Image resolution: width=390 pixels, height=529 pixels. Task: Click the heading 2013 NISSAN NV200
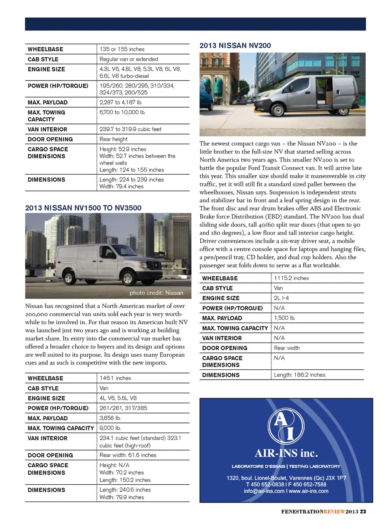coord(235,46)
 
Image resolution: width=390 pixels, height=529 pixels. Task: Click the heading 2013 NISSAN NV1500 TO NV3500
coord(83,208)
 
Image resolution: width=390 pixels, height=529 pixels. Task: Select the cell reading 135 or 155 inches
coord(122,49)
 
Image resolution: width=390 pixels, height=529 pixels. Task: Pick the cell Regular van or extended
coord(129,59)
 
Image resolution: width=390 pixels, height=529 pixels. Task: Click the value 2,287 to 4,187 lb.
coord(121,102)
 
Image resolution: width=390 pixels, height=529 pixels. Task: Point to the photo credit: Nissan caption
coord(156,293)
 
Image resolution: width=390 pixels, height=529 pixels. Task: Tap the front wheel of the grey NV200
coord(278,110)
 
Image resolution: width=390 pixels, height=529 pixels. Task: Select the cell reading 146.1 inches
coord(115,378)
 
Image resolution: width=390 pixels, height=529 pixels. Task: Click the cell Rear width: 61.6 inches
coord(128,455)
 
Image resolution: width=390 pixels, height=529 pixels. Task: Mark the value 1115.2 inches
coord(291,278)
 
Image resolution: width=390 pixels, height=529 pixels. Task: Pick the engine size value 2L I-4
coord(282,298)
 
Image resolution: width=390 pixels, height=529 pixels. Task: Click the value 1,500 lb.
coord(284,318)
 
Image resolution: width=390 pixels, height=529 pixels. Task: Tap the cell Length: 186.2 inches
coord(299,375)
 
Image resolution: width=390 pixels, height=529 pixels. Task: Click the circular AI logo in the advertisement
coord(286,426)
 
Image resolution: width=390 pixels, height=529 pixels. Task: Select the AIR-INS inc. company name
coord(286,453)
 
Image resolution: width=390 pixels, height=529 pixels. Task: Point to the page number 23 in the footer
coord(363,512)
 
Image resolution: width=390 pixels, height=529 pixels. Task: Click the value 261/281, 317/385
coord(123,408)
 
